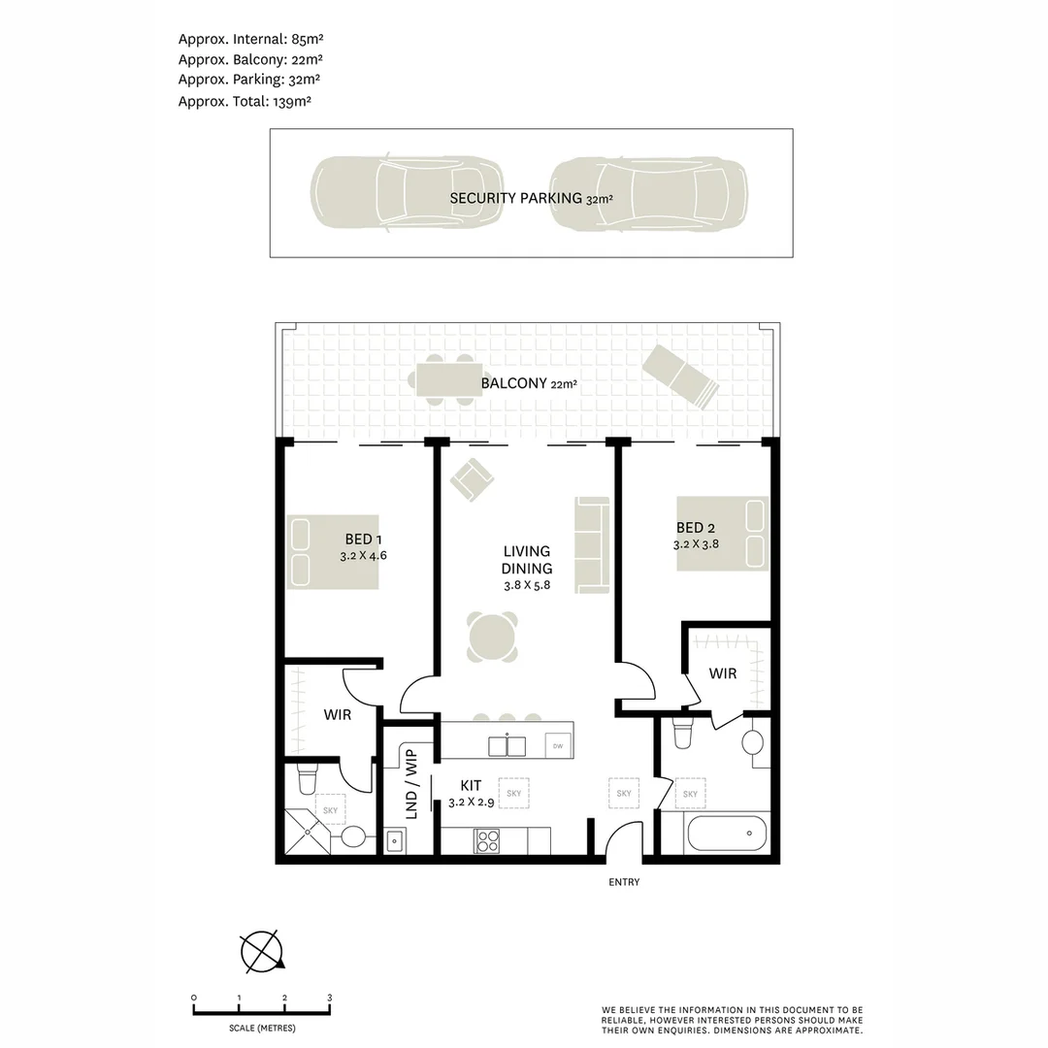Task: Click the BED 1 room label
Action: click(364, 540)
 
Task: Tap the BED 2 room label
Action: click(696, 528)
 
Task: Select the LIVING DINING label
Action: click(527, 561)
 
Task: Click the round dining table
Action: click(492, 638)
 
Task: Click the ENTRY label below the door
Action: click(624, 882)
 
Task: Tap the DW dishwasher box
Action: click(557, 745)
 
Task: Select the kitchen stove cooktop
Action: click(486, 840)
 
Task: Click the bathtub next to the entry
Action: click(725, 833)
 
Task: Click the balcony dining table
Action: click(449, 378)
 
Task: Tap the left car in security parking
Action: click(407, 194)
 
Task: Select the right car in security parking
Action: click(648, 195)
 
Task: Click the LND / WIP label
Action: click(410, 783)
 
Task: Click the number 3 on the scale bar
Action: click(330, 998)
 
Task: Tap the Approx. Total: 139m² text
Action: click(245, 101)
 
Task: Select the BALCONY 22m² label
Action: click(529, 383)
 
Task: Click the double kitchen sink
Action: click(506, 745)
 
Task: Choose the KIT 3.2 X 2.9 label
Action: click(472, 794)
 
